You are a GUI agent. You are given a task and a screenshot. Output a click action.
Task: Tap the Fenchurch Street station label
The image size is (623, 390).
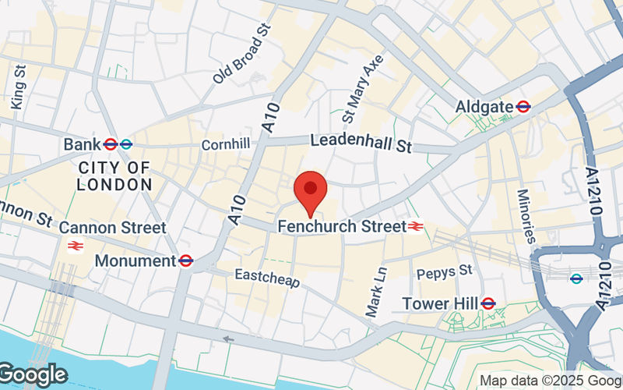point(341,227)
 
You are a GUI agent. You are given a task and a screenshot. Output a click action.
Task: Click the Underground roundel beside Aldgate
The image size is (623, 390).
point(523,107)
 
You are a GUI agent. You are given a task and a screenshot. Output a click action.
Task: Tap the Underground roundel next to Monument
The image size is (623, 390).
point(185,261)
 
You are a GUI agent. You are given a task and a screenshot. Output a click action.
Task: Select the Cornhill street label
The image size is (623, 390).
point(225,144)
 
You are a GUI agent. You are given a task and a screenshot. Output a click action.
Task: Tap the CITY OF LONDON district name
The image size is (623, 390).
point(114,176)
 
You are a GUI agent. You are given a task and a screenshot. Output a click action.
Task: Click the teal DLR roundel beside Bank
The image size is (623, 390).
point(126,144)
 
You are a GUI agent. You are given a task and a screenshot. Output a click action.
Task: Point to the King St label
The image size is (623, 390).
point(16,86)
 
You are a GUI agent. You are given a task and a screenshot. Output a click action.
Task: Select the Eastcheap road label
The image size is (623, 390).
point(267,278)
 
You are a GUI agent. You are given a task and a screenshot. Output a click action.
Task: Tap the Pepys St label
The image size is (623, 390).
point(445,271)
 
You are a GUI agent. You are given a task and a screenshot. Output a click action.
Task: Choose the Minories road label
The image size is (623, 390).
point(527,215)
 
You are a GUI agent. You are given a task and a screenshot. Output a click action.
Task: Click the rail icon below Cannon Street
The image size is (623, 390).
point(76,246)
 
